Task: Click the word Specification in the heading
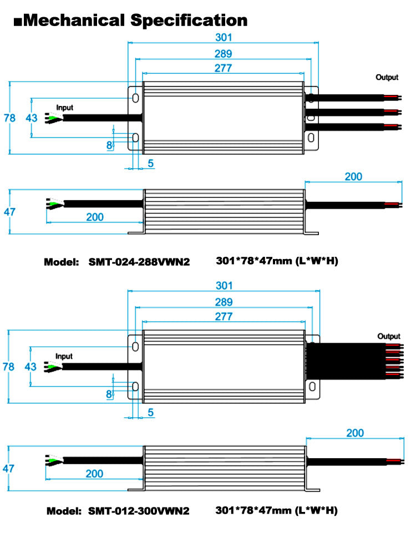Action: [x=189, y=21]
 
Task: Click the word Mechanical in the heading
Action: [x=74, y=20]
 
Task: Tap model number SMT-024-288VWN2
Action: [x=139, y=262]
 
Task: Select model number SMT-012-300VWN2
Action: [x=139, y=511]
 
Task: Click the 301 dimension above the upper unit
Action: [x=224, y=37]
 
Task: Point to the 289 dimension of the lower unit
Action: [x=224, y=302]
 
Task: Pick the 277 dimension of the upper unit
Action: [x=223, y=68]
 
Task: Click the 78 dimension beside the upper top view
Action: [x=9, y=118]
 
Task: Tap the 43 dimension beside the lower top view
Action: [x=31, y=367]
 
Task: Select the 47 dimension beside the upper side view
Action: [x=9, y=212]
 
